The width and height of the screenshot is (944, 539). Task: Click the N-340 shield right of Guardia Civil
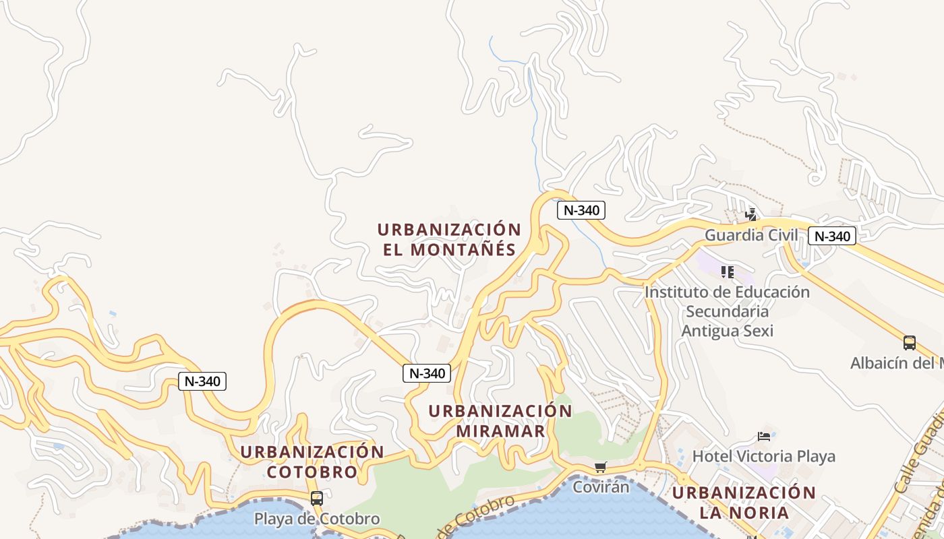[832, 236]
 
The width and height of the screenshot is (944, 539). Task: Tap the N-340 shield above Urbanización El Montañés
[581, 210]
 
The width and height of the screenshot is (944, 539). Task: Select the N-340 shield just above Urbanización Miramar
[427, 373]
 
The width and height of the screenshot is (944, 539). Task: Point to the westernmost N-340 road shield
[202, 381]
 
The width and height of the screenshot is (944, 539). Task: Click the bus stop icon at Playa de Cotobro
[316, 499]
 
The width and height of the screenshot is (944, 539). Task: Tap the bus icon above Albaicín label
[909, 343]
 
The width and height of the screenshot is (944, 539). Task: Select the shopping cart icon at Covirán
[600, 467]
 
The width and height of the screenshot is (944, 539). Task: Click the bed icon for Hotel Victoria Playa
[763, 437]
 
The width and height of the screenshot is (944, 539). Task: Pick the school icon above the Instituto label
[727, 272]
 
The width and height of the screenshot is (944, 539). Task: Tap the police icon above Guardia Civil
[750, 215]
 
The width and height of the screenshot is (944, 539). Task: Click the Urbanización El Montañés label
[449, 239]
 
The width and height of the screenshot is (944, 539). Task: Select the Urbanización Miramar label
[500, 421]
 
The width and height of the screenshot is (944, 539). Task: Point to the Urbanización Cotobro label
[312, 462]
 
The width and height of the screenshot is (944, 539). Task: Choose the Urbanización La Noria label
[744, 503]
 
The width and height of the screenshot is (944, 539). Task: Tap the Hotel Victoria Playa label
[763, 456]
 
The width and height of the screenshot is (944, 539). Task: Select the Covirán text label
[600, 486]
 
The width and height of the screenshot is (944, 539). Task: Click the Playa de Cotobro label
[316, 519]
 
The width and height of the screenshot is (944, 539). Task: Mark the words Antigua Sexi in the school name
[727, 331]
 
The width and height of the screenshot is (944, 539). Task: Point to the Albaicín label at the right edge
[896, 363]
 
